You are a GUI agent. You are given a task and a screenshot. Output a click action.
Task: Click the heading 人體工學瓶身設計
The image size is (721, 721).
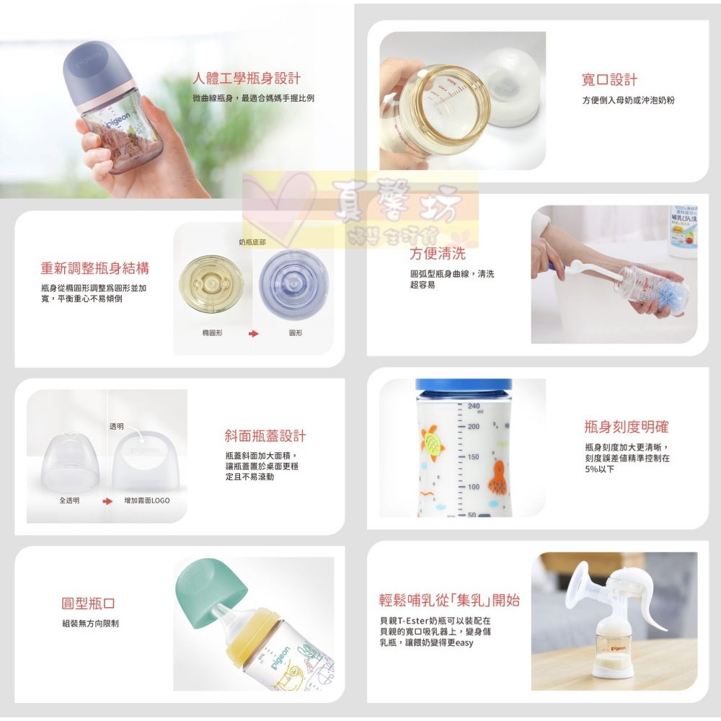point(247,79)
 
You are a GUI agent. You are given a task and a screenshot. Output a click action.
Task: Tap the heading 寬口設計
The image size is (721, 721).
point(609,80)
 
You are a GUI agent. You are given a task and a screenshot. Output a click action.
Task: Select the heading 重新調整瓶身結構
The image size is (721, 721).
point(94,269)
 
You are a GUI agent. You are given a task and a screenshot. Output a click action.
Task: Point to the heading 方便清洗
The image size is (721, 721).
point(438,254)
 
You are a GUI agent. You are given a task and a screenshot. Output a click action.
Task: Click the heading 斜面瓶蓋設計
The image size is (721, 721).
point(265,436)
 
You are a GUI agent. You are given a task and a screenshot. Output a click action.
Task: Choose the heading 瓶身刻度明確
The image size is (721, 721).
point(627,427)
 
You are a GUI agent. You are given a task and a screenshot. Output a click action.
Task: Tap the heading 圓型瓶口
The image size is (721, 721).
point(88,603)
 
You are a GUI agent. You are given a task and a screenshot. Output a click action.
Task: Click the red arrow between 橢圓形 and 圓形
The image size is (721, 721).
point(253,334)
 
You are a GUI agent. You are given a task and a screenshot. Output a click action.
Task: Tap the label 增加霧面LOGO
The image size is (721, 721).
point(147,500)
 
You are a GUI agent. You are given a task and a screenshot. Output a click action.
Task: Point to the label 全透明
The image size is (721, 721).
point(69,500)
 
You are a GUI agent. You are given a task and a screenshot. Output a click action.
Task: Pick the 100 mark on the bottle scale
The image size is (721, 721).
point(473,487)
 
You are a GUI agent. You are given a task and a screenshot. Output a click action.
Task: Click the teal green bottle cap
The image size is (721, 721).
point(201,590)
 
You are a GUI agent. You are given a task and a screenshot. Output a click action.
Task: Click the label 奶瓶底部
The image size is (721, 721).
point(252,242)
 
